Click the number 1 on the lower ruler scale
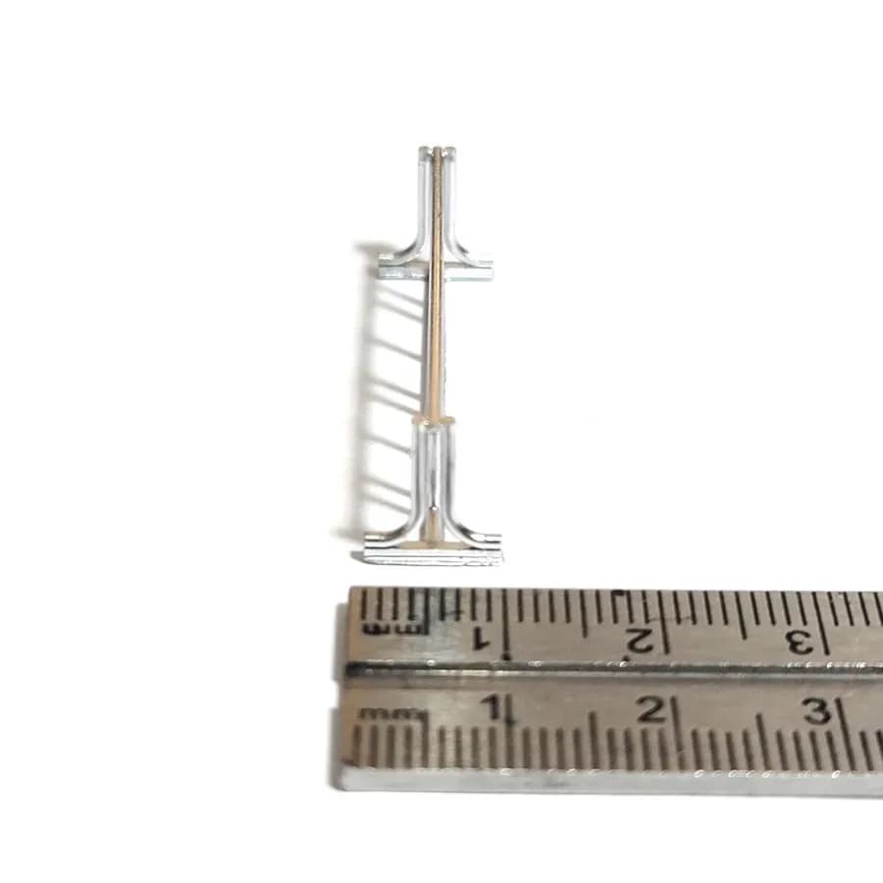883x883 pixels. (494, 707)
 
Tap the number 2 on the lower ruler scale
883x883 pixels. (652, 709)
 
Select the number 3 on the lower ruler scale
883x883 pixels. (816, 712)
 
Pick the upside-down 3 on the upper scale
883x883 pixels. (801, 643)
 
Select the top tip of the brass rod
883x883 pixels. (438, 148)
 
